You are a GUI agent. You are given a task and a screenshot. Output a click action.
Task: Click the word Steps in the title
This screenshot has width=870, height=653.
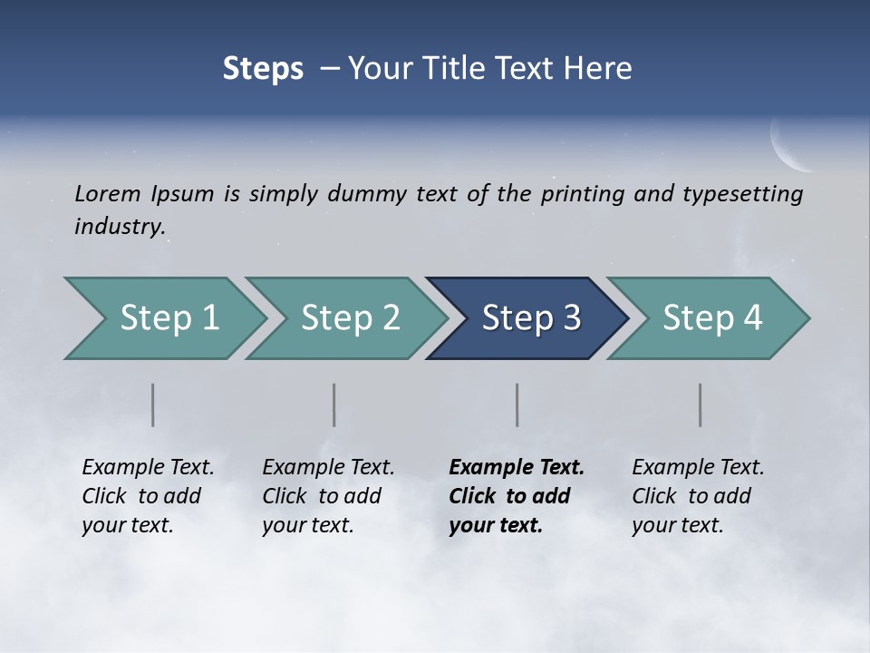coord(263,69)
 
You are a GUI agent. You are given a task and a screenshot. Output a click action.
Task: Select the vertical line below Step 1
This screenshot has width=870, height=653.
coord(152,404)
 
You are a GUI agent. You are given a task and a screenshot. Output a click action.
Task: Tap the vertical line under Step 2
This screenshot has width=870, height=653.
coord(334,404)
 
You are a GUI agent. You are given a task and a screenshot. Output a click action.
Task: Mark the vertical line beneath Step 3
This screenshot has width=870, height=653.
coord(517,404)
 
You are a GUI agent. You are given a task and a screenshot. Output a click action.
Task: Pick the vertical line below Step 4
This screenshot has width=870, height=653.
coord(700,404)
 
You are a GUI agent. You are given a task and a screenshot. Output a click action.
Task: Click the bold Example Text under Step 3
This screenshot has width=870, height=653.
coord(516,496)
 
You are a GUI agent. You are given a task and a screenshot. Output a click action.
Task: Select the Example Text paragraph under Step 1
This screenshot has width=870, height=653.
coord(148,496)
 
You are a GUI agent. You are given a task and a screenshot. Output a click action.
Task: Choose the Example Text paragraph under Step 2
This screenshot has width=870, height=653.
coord(328,496)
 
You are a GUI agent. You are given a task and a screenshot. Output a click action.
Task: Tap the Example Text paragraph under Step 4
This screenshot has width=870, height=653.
coord(698,496)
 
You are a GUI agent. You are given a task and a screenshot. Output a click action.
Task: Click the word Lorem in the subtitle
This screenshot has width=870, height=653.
coord(108,193)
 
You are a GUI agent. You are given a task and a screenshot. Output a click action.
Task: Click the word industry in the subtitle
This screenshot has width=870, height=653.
coord(119,226)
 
